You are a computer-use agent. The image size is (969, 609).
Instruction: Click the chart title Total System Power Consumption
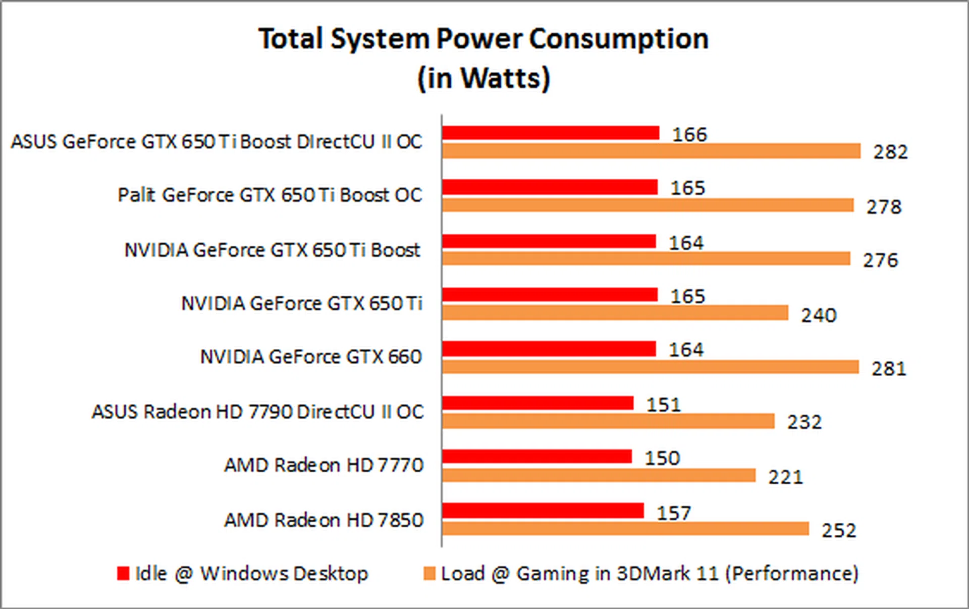click(483, 39)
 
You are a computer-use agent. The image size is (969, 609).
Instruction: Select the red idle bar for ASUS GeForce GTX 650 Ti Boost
click(551, 133)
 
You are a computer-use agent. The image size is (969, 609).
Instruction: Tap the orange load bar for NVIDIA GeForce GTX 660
click(650, 367)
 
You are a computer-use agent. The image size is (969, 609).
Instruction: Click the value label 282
click(891, 152)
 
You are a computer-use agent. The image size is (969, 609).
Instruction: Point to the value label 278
click(884, 207)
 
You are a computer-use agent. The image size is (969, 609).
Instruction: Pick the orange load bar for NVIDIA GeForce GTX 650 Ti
click(615, 313)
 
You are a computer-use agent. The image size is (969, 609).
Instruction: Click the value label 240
click(819, 316)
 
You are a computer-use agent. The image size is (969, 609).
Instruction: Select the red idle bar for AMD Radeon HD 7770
click(536, 456)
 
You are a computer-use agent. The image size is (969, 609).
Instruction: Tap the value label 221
click(785, 477)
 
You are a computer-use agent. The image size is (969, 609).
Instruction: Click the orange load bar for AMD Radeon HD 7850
click(625, 529)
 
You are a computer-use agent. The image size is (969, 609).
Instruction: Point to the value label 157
click(674, 514)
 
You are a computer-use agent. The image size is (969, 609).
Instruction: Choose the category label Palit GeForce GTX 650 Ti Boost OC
click(270, 195)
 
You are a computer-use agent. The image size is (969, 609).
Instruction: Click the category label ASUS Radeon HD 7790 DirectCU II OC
click(257, 412)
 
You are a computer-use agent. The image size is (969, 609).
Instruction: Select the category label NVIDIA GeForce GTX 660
click(310, 357)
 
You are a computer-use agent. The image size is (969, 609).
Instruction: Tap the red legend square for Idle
click(123, 574)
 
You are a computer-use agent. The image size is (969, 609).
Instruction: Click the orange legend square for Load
click(429, 574)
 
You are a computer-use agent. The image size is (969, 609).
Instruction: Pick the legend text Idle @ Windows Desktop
click(251, 574)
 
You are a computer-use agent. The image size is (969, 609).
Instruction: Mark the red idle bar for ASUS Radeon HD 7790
click(537, 403)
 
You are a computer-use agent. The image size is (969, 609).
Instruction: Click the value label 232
click(804, 422)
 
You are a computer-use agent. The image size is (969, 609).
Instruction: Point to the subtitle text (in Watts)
click(483, 78)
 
